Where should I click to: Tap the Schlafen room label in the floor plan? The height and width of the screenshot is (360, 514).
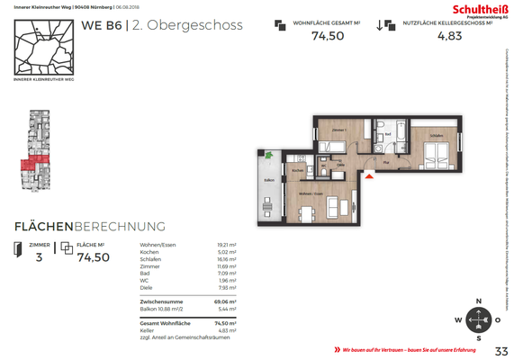(436, 137)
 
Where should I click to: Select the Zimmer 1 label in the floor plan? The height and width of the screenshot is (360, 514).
(338, 131)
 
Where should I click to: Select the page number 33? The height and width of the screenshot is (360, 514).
(501, 350)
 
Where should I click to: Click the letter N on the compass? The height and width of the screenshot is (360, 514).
(479, 301)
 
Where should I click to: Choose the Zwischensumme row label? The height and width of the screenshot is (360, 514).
(162, 301)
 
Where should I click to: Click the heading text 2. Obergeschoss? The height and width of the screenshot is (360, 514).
(186, 25)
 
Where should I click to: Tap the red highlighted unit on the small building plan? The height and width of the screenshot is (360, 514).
(30, 165)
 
